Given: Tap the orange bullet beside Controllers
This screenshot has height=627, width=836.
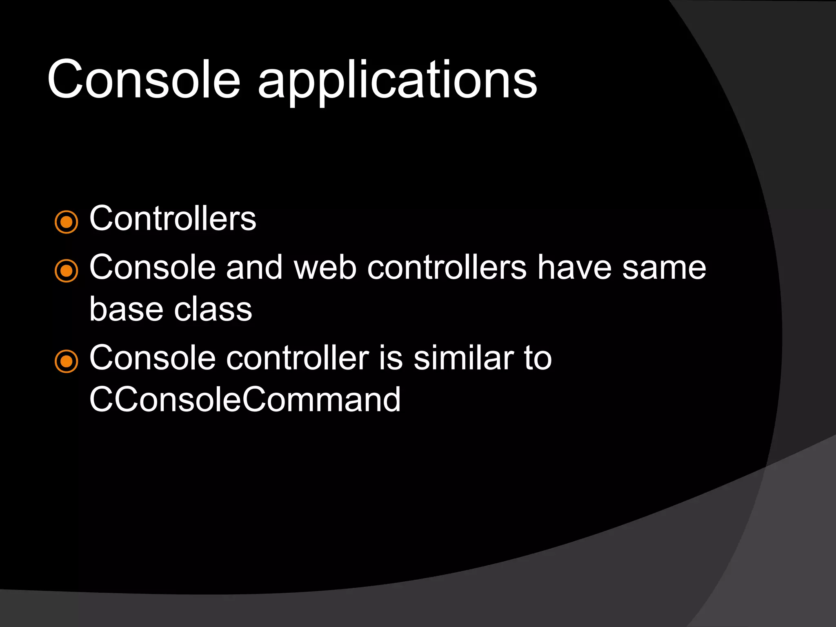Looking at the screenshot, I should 66,222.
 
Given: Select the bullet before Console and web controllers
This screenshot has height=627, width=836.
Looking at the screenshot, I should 66,271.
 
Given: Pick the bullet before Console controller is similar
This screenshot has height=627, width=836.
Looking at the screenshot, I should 66,361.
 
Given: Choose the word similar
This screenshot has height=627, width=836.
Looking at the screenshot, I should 464,358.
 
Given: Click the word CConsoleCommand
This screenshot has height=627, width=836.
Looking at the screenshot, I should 245,400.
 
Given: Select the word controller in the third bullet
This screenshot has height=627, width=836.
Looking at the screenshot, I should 298,358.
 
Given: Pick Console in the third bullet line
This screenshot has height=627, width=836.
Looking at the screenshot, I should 152,358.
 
